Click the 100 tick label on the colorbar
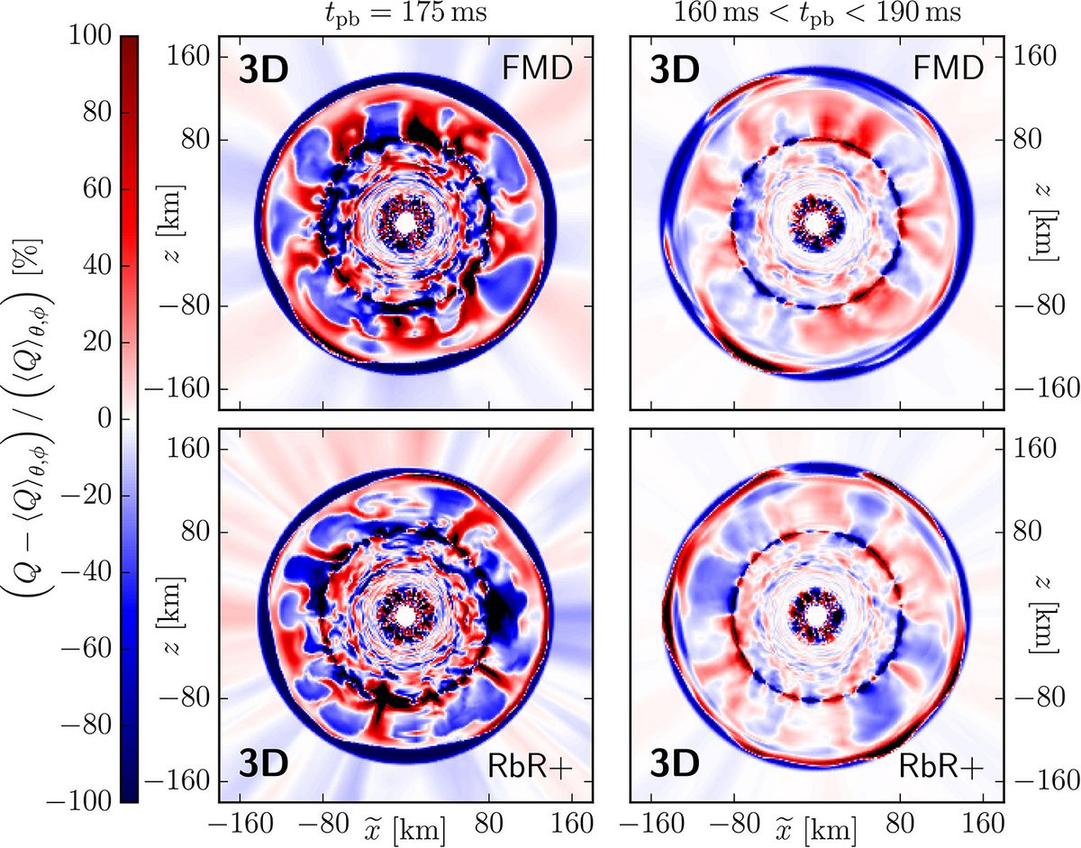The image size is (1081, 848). coord(95,36)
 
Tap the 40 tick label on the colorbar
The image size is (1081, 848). coord(103,266)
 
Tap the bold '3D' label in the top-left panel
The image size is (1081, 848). coord(262,70)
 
